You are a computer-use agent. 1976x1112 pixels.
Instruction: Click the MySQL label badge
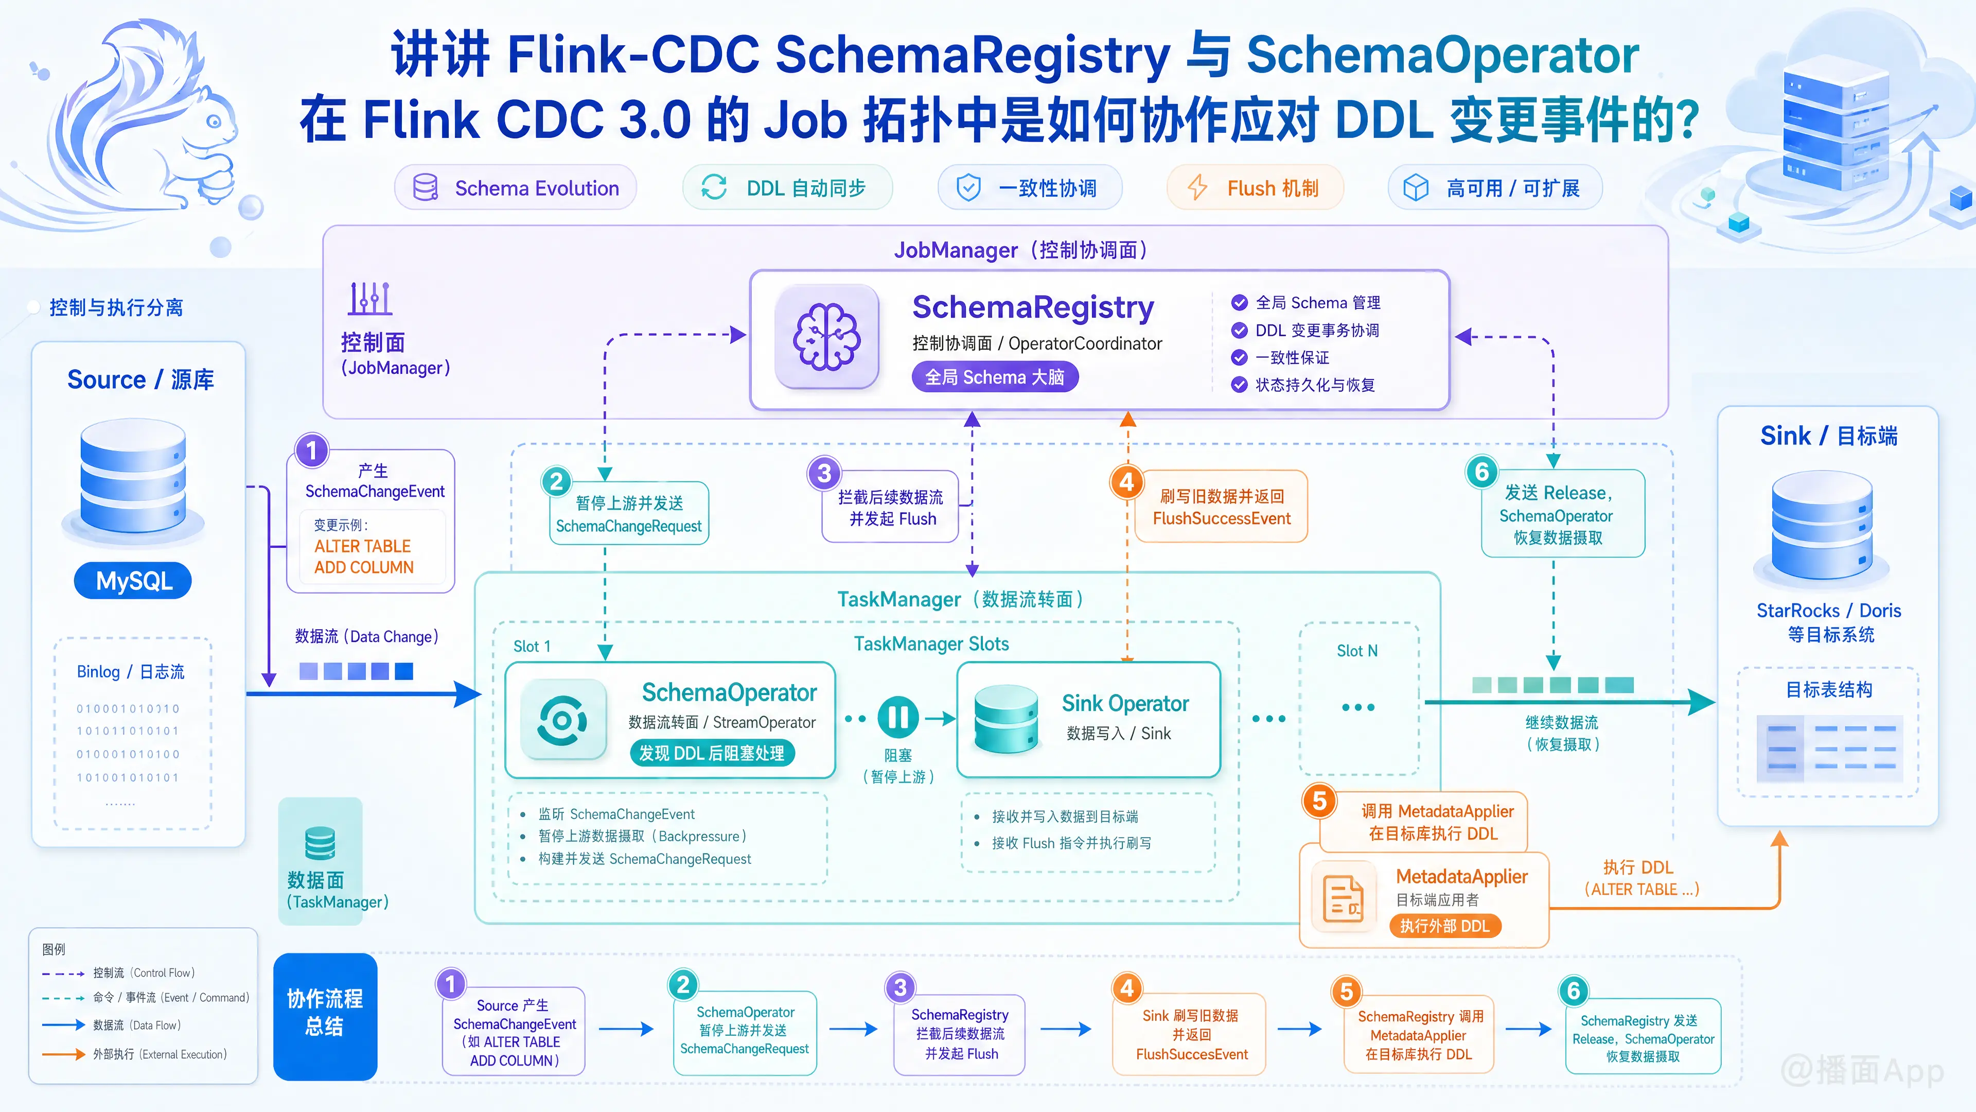[133, 581]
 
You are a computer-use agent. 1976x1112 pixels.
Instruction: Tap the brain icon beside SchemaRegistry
[826, 337]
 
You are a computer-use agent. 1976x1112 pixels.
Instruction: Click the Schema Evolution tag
[516, 188]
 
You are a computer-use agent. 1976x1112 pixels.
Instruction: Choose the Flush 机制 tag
[1255, 188]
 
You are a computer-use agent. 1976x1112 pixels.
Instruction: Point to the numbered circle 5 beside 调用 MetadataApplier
[1319, 801]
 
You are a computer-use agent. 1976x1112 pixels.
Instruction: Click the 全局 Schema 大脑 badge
[994, 377]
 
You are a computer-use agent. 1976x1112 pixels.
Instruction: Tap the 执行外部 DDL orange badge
[1444, 926]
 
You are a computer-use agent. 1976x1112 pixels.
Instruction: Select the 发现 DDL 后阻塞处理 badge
[712, 753]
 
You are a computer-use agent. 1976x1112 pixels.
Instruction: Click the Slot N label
[1357, 651]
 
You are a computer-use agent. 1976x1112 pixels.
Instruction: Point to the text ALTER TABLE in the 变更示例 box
[362, 546]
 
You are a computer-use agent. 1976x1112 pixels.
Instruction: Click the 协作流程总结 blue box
[325, 1016]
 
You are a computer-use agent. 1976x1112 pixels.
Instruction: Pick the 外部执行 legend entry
[135, 1054]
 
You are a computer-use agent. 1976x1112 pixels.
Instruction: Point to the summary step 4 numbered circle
[1127, 988]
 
